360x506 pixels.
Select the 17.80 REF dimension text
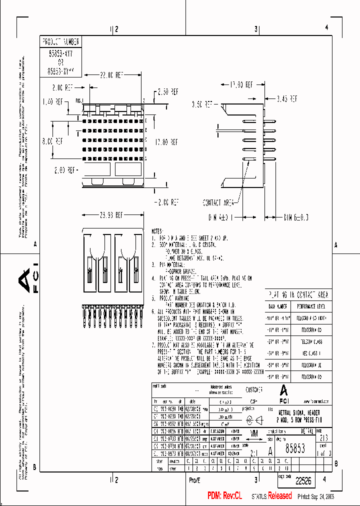click(x=166, y=141)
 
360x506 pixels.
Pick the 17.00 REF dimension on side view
click(x=241, y=85)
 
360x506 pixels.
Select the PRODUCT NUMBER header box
click(x=60, y=41)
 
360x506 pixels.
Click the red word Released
click(x=280, y=496)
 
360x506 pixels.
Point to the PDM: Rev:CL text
click(x=224, y=496)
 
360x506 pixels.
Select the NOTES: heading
click(x=157, y=232)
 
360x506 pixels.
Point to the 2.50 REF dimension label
click(x=168, y=92)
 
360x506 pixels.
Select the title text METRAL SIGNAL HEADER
click(x=303, y=412)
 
